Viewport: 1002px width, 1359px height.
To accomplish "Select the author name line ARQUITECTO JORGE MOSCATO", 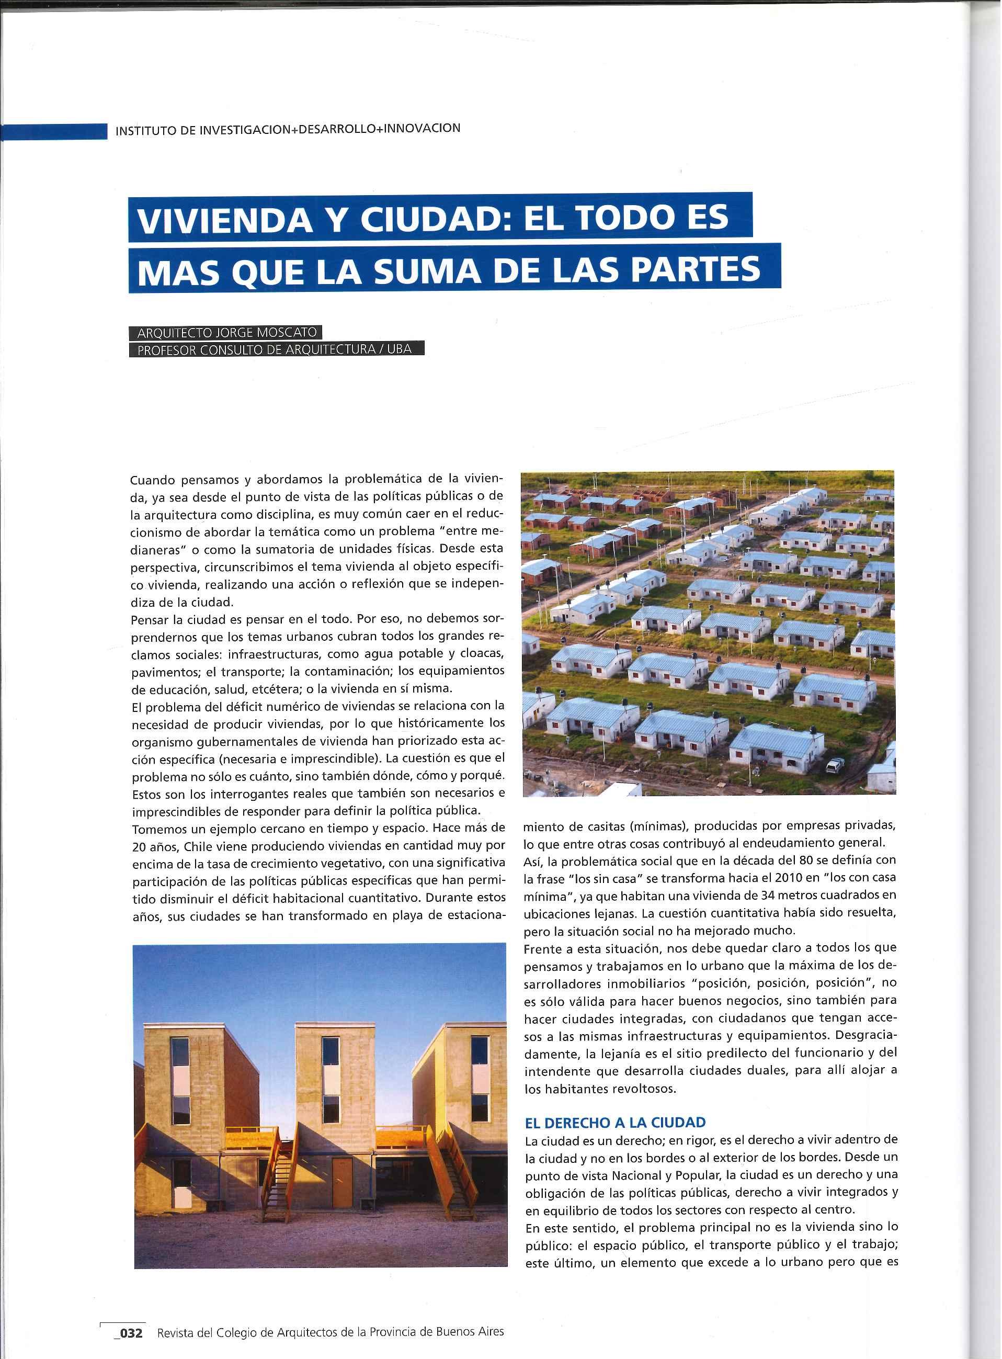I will point(224,333).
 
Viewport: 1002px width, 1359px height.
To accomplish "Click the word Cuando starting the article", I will point(153,481).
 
